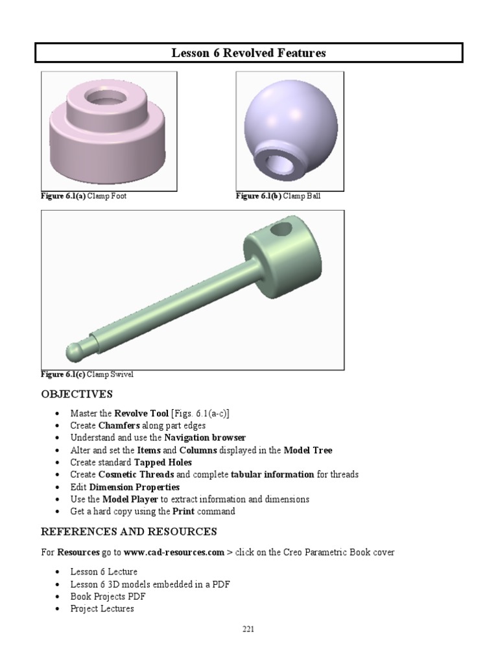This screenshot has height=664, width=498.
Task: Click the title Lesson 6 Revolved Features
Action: [x=248, y=53]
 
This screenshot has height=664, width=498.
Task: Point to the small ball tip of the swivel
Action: [x=75, y=351]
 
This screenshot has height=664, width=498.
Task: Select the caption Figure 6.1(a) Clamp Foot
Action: [x=84, y=196]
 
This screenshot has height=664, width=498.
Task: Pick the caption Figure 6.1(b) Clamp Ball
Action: [x=278, y=196]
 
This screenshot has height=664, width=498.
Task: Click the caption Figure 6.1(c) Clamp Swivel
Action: [x=88, y=374]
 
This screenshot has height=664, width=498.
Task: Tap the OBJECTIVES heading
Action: [x=77, y=394]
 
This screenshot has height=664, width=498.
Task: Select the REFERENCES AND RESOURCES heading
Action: [x=128, y=532]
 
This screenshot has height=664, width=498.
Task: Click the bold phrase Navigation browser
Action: [x=205, y=438]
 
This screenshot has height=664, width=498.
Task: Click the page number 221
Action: [x=248, y=629]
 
